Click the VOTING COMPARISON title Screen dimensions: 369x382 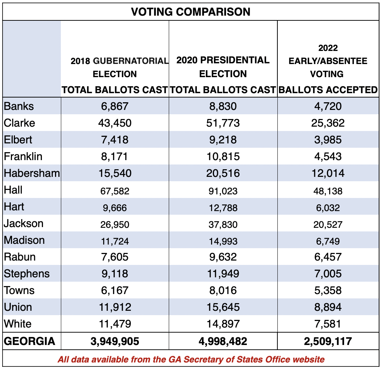coord(191,12)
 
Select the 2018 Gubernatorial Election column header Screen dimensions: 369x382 coord(115,74)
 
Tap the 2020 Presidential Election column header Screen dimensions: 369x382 coord(223,74)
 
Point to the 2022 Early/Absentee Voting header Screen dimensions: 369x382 coord(327,69)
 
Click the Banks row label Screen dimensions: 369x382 coord(19,106)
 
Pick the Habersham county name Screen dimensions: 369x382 coord(32,173)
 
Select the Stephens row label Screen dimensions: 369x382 coord(27,274)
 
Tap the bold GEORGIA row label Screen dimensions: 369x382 coord(30,341)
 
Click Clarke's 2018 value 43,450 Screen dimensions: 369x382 coord(115,123)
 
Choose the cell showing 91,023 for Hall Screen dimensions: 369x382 coord(223,190)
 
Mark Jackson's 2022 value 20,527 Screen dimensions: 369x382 coord(327,224)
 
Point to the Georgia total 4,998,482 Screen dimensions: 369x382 coord(223,341)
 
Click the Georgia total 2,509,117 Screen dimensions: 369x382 coord(327,341)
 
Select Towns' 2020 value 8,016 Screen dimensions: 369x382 coord(223,290)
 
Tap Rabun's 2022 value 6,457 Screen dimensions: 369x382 coord(327,257)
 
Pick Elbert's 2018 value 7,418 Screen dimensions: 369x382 coord(115,140)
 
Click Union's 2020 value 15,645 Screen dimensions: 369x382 coord(223,307)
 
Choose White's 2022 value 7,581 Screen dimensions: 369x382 coord(327,324)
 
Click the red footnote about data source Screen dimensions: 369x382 coord(191,360)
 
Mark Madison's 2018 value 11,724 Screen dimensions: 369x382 coord(115,241)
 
